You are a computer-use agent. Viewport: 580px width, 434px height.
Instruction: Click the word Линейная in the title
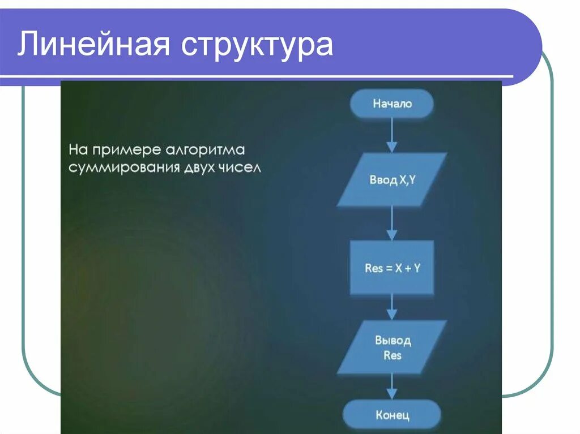[x=93, y=45]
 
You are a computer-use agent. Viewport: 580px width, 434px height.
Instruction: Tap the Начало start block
[x=392, y=104]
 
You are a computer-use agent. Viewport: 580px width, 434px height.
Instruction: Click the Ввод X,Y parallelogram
[x=392, y=180]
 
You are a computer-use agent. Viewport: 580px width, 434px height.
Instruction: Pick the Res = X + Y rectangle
[x=392, y=268]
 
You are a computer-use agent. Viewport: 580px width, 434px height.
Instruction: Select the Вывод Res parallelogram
[x=392, y=347]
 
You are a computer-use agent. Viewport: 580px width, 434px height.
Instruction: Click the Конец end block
[x=392, y=415]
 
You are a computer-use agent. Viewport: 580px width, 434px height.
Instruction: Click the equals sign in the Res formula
[x=389, y=268]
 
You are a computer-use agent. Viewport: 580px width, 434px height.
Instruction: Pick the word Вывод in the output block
[x=393, y=341]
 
